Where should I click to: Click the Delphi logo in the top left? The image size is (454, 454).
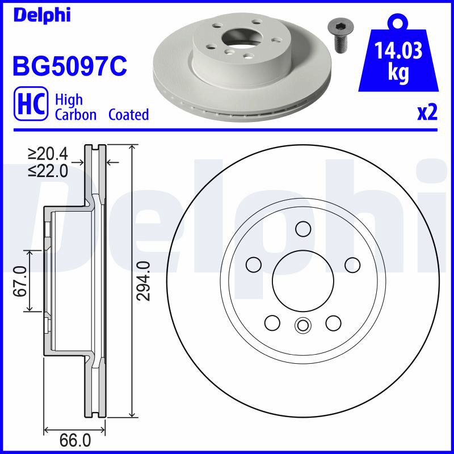pyautogui.click(x=42, y=15)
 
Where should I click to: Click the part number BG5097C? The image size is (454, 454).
pyautogui.click(x=70, y=66)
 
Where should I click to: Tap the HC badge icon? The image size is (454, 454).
pyautogui.click(x=31, y=103)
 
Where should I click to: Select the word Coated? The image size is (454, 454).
pyautogui.click(x=129, y=115)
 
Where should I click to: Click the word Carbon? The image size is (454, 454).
pyautogui.click(x=75, y=115)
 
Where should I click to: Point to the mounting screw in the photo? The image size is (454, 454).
pyautogui.click(x=338, y=37)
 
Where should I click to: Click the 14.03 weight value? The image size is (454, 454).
pyautogui.click(x=398, y=51)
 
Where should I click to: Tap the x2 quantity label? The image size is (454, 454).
pyautogui.click(x=427, y=112)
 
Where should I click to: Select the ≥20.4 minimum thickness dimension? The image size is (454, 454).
pyautogui.click(x=48, y=154)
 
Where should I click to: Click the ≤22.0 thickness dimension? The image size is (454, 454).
pyautogui.click(x=48, y=171)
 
